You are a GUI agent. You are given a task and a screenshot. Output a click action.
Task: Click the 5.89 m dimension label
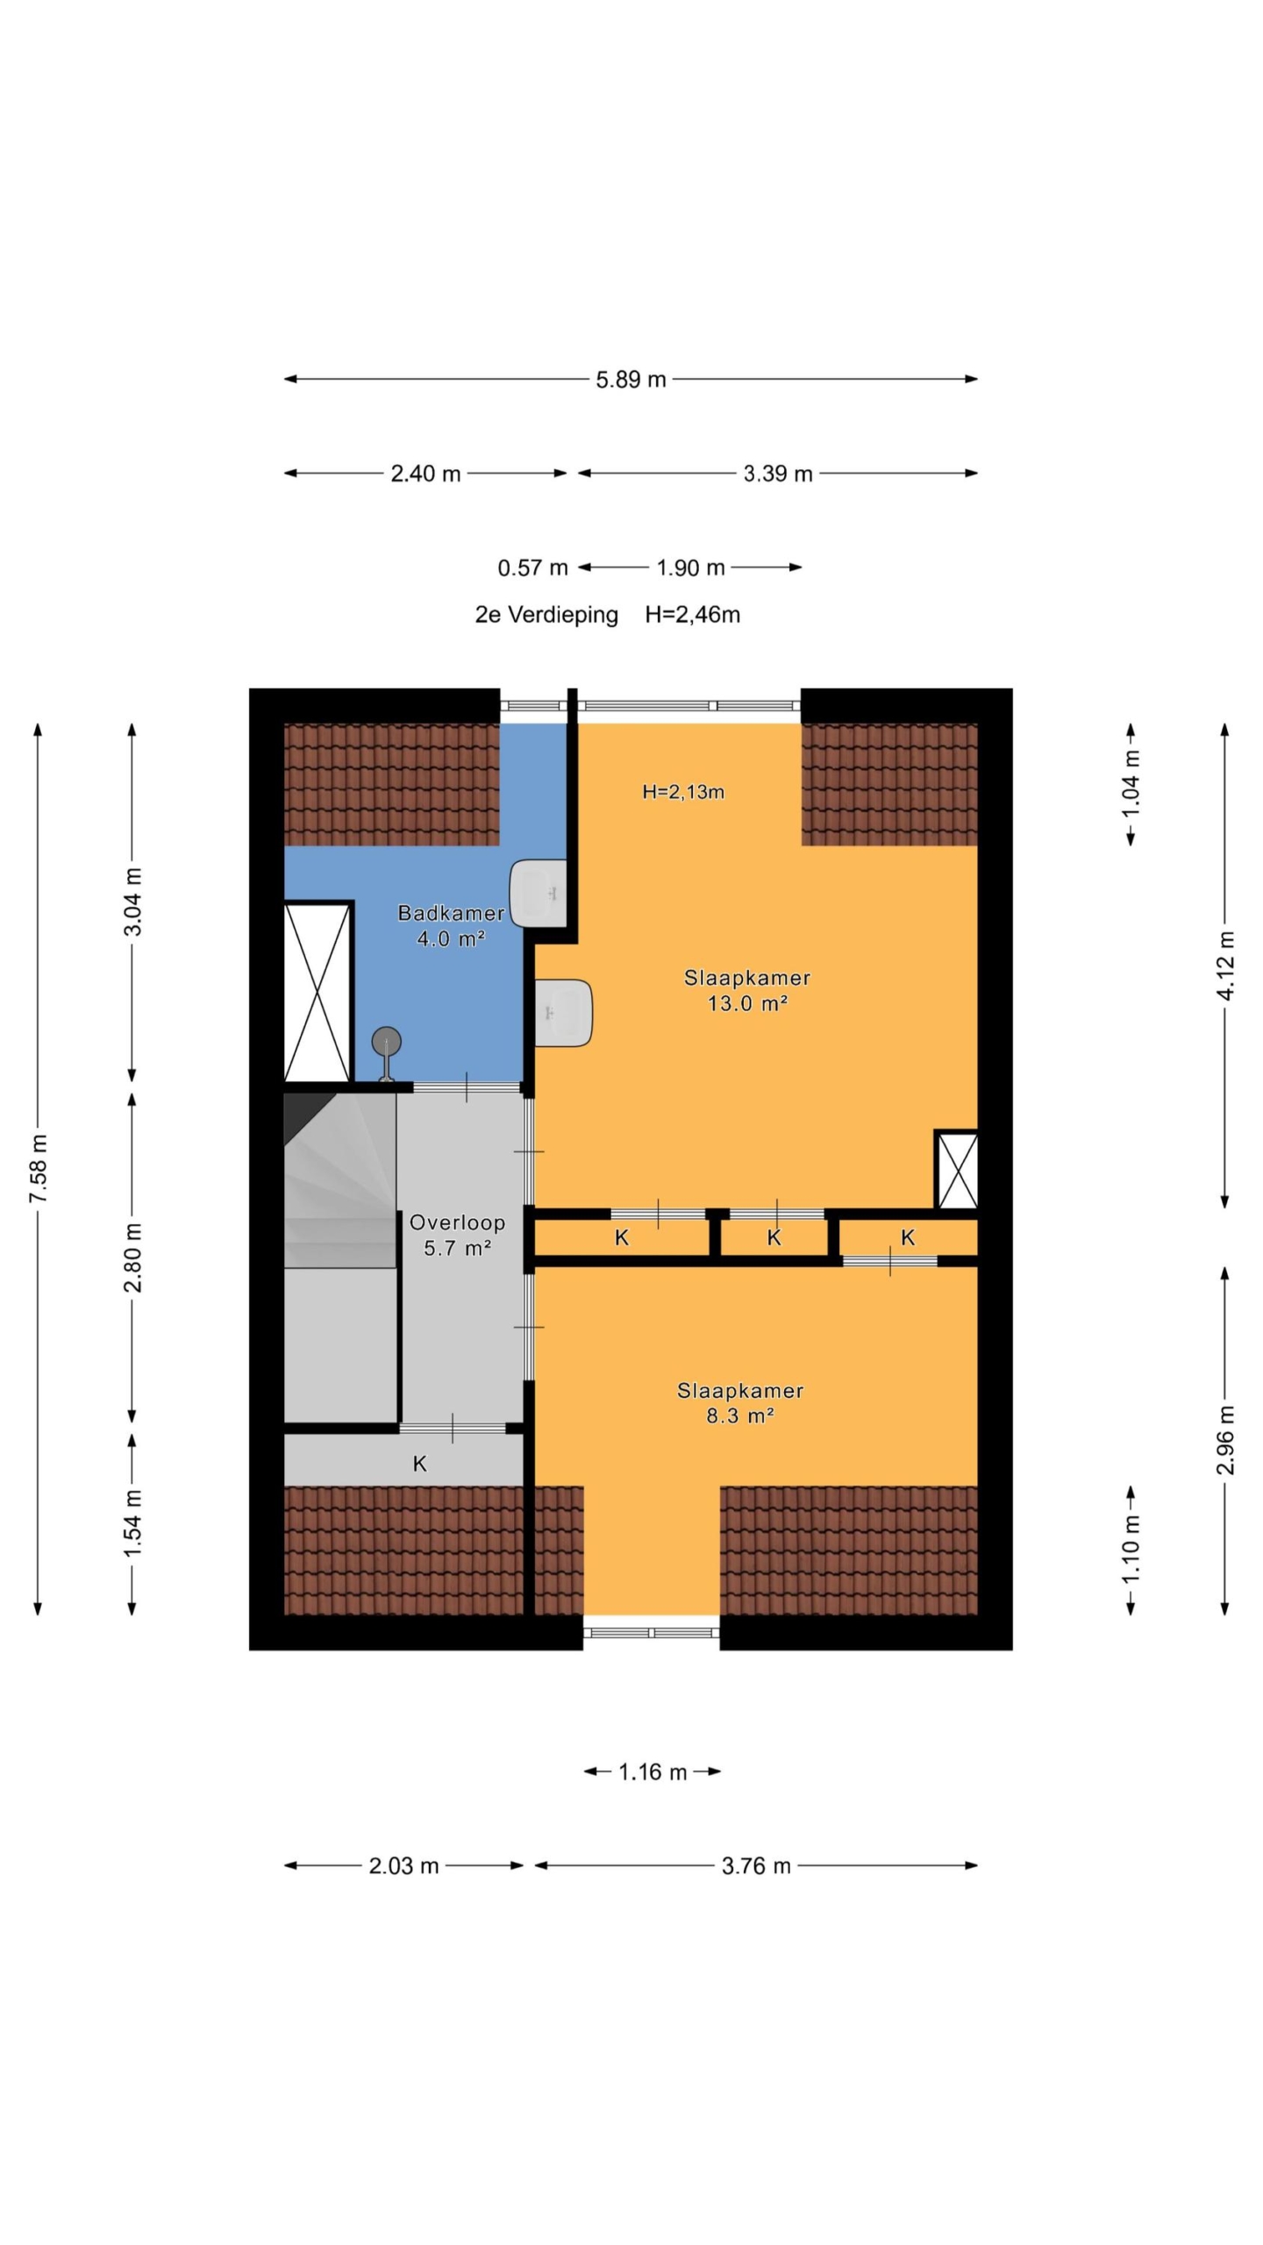pyautogui.click(x=631, y=380)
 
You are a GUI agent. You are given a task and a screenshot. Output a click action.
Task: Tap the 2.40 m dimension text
pyautogui.click(x=425, y=474)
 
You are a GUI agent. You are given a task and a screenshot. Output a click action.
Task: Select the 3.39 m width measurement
pyautogui.click(x=778, y=474)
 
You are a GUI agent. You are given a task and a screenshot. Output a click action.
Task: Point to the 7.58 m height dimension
pyautogui.click(x=39, y=1168)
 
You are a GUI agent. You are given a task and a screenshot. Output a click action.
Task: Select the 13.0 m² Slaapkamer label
pyautogui.click(x=747, y=990)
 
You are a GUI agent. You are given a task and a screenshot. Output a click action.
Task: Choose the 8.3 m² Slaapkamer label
pyautogui.click(x=740, y=1402)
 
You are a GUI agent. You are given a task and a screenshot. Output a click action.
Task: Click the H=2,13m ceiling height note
pyautogui.click(x=683, y=792)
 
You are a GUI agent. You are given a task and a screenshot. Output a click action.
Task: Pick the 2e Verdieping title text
pyautogui.click(x=546, y=615)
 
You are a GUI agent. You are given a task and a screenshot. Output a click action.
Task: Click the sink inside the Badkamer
pyautogui.click(x=539, y=893)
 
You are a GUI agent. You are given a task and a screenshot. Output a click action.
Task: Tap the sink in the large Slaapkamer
pyautogui.click(x=563, y=1013)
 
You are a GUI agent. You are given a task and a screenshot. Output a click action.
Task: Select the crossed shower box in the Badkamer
pyautogui.click(x=318, y=992)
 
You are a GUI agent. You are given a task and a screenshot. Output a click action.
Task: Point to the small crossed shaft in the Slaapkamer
pyautogui.click(x=957, y=1170)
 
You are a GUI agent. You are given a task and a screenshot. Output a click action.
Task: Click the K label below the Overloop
pyautogui.click(x=419, y=1463)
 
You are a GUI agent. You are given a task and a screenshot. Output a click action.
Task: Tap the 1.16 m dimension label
pyautogui.click(x=653, y=1772)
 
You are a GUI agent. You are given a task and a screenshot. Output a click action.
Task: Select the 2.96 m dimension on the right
pyautogui.click(x=1226, y=1439)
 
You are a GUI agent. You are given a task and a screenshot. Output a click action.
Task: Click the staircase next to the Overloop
pyautogui.click(x=340, y=1180)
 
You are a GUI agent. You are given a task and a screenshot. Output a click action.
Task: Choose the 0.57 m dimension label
pyautogui.click(x=532, y=568)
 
